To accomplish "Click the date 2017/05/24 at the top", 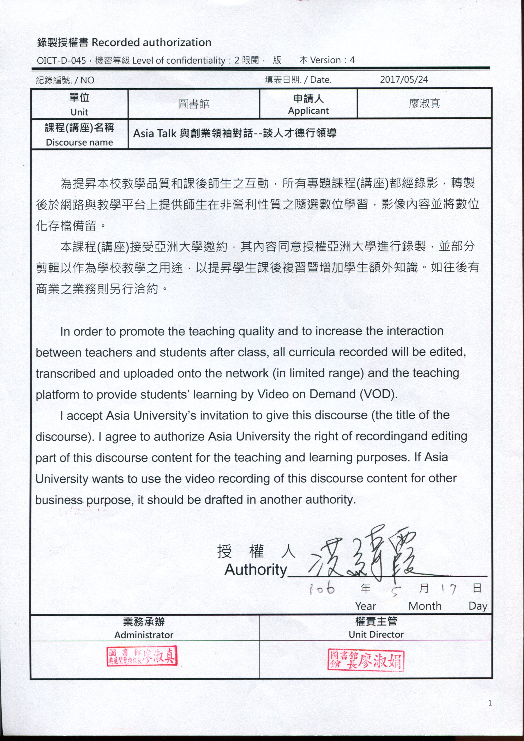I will click(x=404, y=80).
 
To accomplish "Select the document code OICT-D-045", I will click(x=61, y=60).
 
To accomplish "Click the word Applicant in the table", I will click(x=308, y=111).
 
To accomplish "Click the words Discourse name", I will click(x=79, y=142).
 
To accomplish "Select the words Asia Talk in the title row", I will click(x=154, y=133).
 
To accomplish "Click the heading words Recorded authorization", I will click(x=152, y=42).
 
